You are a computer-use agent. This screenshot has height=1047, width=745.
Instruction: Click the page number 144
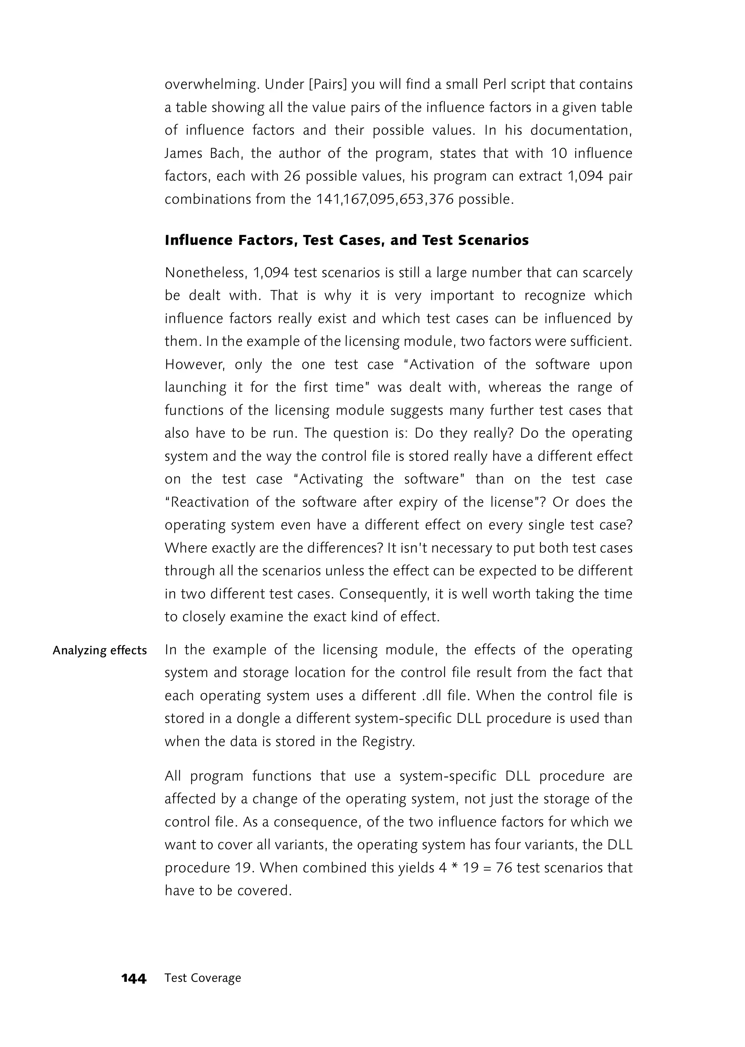(x=134, y=979)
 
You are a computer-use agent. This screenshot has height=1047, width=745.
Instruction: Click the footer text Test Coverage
(x=203, y=978)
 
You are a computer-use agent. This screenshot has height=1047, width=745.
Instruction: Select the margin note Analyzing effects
(x=100, y=650)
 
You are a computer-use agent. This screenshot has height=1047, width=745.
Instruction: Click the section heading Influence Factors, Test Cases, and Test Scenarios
(x=346, y=240)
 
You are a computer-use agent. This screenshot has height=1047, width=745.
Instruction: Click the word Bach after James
(x=225, y=153)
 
